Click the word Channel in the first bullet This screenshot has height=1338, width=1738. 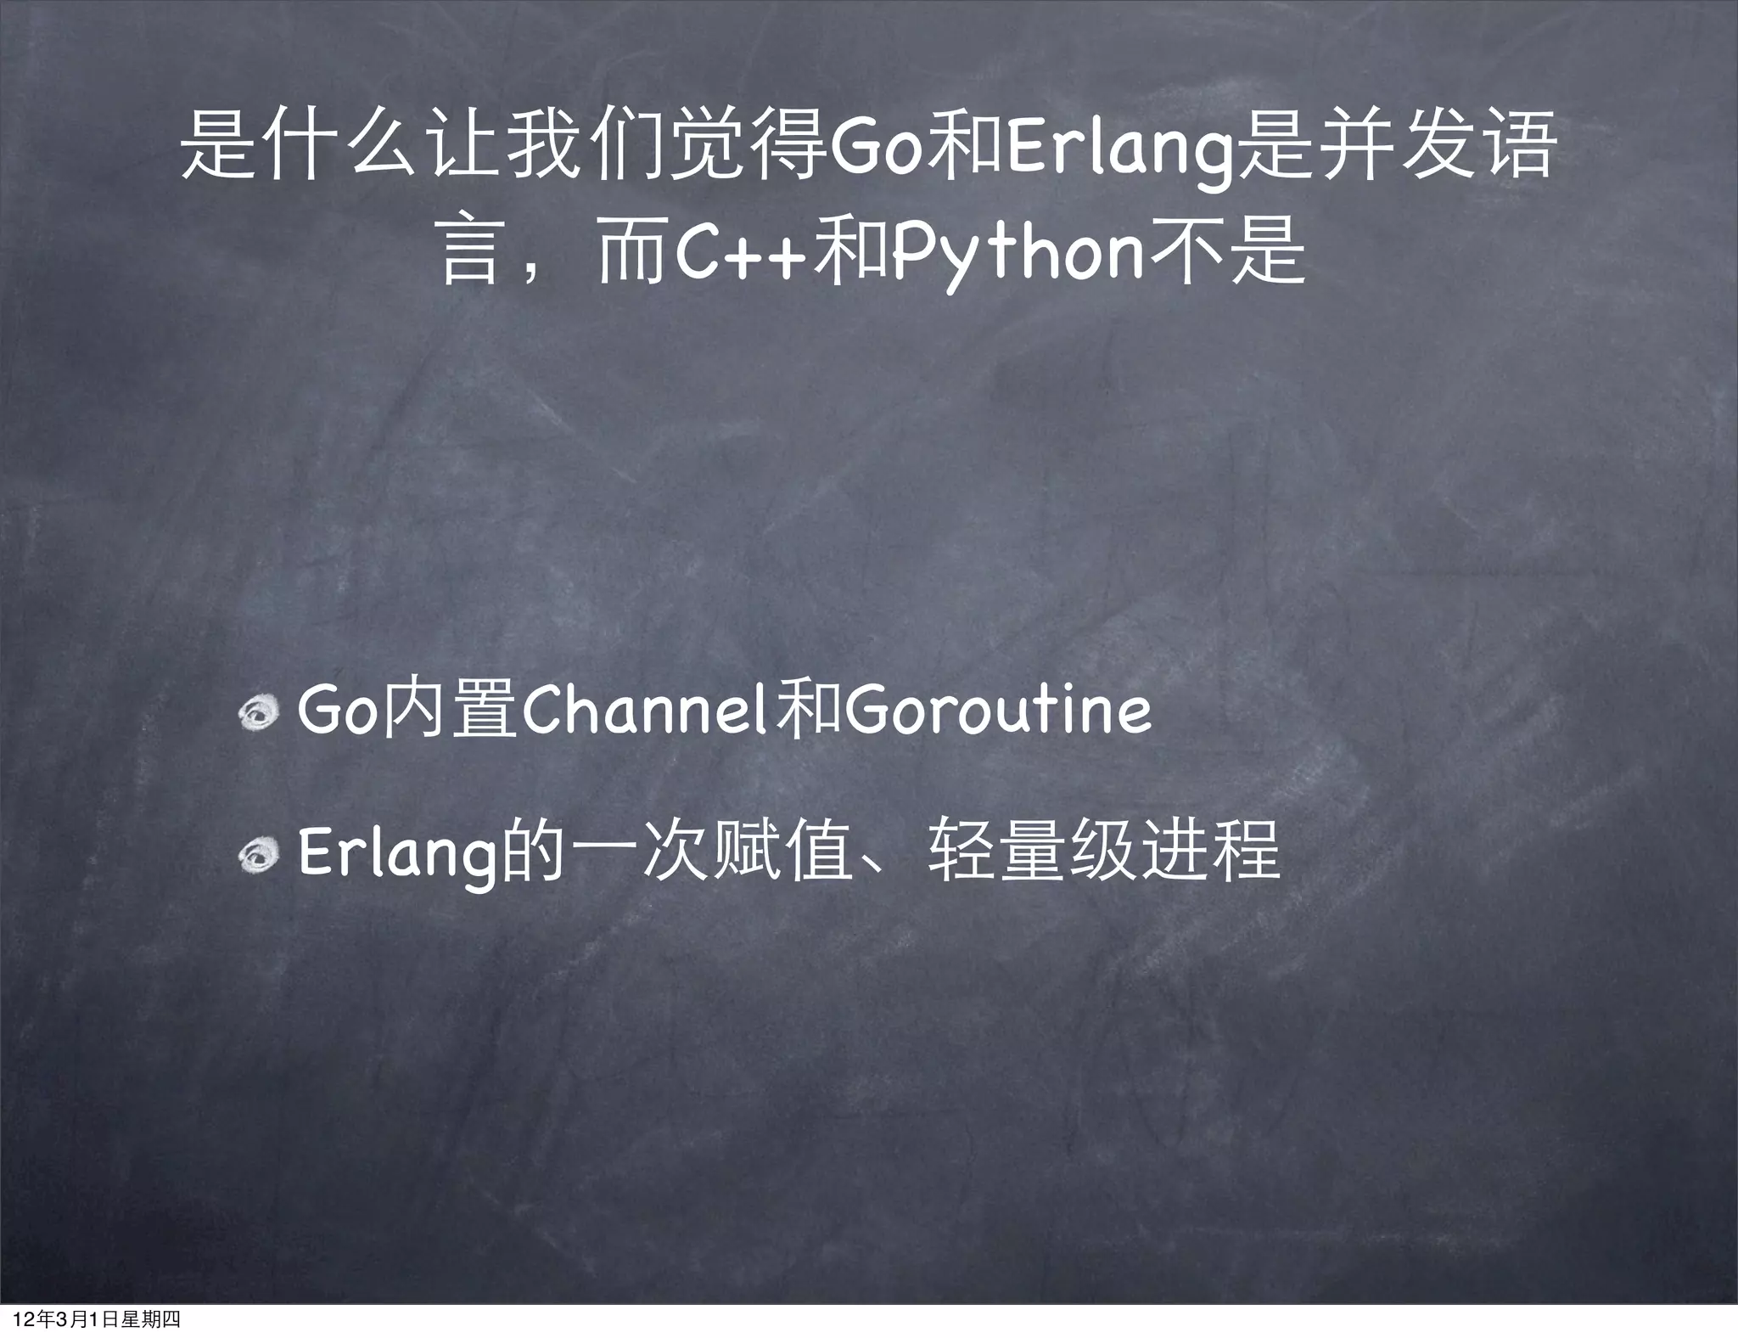(x=644, y=711)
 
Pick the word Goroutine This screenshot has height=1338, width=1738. (x=998, y=711)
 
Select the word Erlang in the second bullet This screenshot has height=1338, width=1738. (x=396, y=856)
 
